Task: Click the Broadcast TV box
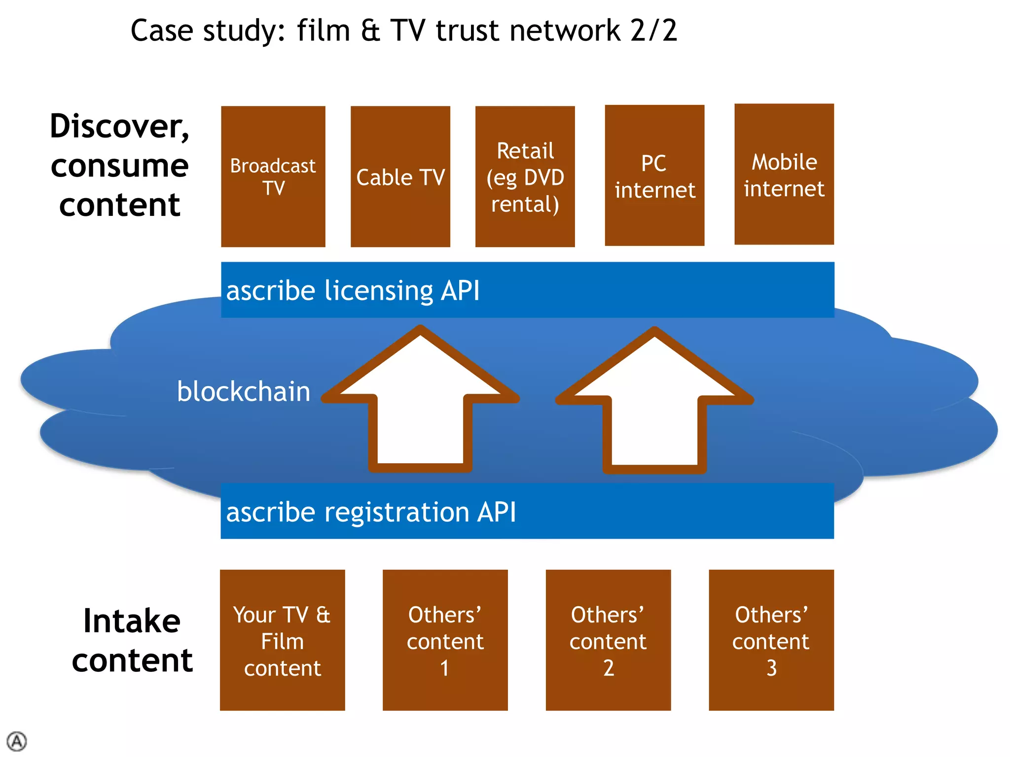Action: point(273,176)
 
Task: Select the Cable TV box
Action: point(400,176)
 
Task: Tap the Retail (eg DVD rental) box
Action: point(525,176)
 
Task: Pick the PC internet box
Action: point(654,175)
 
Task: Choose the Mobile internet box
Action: point(784,174)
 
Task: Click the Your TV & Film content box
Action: point(282,640)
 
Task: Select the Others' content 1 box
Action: point(445,640)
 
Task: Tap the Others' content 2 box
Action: point(608,640)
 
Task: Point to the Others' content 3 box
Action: point(771,640)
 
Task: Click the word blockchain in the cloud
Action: point(244,391)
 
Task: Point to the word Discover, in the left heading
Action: point(120,126)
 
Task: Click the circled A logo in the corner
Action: point(17,741)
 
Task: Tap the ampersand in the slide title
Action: point(370,31)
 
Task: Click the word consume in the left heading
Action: point(120,166)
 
